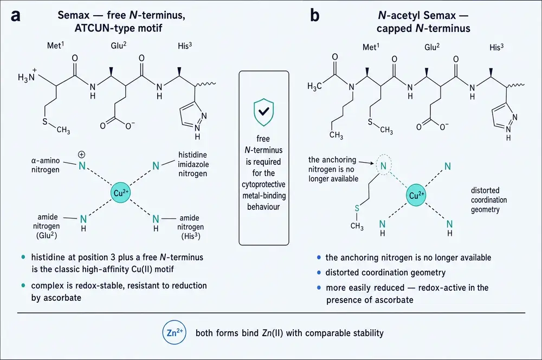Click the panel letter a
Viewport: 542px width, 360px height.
16,16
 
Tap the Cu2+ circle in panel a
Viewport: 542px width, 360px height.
120,192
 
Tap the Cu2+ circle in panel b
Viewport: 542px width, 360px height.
416,195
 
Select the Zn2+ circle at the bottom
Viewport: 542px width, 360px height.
174,332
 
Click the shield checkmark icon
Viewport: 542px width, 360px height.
263,112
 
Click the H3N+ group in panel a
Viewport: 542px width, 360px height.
27,75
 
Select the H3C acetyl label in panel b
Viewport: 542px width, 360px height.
314,86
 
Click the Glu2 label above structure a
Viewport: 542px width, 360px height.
119,46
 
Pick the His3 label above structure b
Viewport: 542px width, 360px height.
496,47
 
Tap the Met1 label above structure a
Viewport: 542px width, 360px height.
56,45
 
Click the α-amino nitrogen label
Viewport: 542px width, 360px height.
46,165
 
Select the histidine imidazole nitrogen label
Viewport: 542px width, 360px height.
193,164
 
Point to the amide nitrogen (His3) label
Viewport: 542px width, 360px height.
190,227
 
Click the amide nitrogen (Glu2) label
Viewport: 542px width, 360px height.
47,226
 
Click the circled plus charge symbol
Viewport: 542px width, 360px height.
82,155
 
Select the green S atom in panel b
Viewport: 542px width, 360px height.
357,208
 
